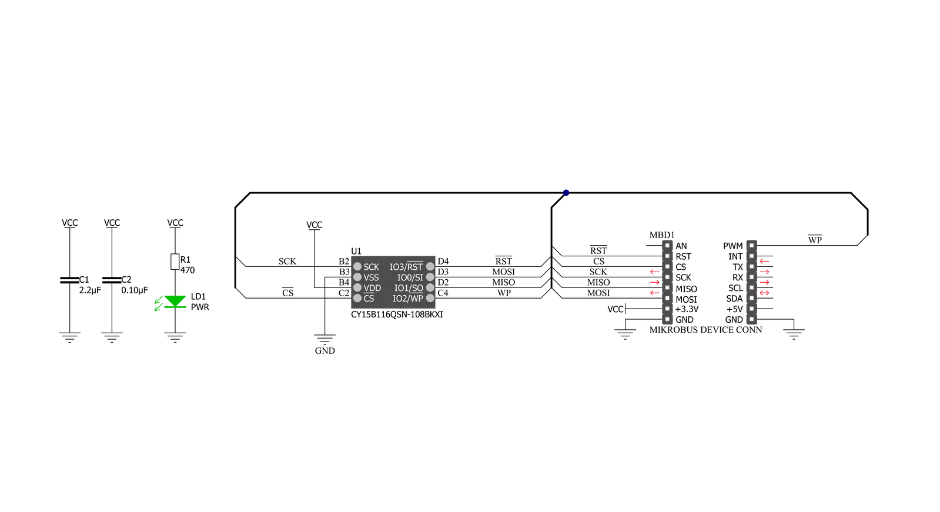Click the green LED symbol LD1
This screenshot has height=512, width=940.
175,302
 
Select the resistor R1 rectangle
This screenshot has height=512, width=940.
175,262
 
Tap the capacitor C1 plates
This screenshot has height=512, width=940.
69,280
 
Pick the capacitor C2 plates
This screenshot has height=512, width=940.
112,280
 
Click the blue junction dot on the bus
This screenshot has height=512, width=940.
566,193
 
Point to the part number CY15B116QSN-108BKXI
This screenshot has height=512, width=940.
397,314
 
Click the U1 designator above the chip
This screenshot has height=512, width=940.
356,251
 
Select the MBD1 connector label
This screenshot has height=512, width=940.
662,235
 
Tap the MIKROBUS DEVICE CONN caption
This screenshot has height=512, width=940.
706,330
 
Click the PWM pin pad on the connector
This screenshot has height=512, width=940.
751,246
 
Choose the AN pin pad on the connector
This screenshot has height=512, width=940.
667,246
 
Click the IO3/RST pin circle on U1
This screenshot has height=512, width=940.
430,266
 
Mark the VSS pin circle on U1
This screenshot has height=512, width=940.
357,277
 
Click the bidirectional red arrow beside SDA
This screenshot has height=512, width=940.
764,293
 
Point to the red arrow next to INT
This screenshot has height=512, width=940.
764,261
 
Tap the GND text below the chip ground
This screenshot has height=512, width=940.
325,351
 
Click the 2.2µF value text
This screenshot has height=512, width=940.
90,290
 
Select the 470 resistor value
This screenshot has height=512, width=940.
187,270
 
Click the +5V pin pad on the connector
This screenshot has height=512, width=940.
751,309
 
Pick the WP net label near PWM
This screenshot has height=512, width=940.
815,240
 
